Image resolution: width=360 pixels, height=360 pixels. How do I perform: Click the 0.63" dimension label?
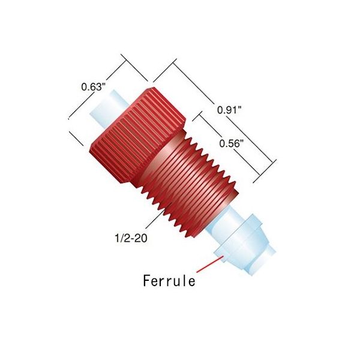(94, 86)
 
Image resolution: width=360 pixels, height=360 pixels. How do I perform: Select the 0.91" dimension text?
(230, 110)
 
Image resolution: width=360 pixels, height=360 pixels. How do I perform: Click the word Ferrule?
(169, 280)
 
